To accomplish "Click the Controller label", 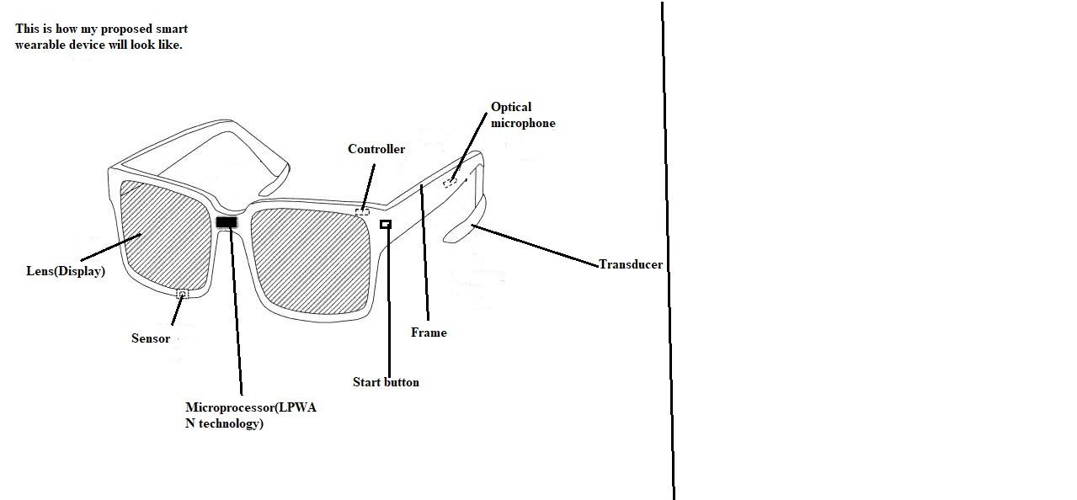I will [x=376, y=149].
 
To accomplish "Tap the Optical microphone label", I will [x=523, y=115].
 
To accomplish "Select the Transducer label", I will [x=631, y=264].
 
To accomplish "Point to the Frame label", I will [x=429, y=332].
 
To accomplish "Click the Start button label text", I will [x=386, y=382].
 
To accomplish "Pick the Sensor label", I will [x=151, y=338].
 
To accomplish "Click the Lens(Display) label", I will [x=66, y=271].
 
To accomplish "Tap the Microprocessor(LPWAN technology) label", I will [x=250, y=415].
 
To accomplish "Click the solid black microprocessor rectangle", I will [x=227, y=222].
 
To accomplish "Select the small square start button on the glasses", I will [x=386, y=224].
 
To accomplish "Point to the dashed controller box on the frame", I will [x=362, y=212].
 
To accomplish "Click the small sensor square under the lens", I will [x=182, y=293].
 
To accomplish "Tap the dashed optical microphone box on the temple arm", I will [x=451, y=181].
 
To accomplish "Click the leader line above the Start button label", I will [x=388, y=303].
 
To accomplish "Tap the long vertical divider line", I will [x=667, y=253].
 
